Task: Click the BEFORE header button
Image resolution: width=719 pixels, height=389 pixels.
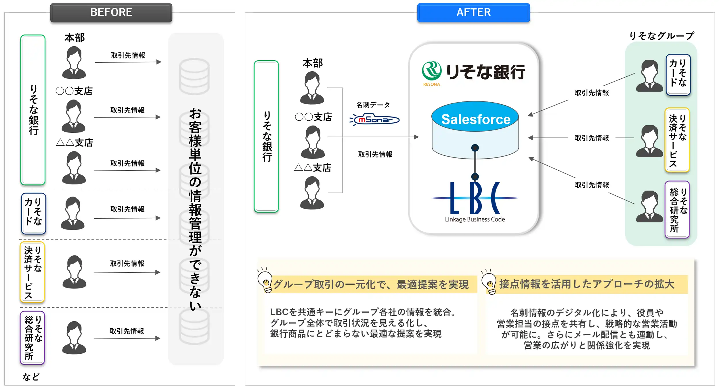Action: [111, 13]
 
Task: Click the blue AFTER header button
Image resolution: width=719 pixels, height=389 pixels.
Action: [473, 13]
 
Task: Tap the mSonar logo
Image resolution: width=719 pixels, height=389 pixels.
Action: [375, 120]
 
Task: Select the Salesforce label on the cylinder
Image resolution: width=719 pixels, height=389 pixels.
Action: [475, 119]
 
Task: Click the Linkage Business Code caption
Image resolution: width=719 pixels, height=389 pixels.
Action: [475, 219]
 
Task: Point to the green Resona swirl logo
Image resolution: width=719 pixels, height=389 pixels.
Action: [431, 71]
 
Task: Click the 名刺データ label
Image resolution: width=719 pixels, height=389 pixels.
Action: [373, 105]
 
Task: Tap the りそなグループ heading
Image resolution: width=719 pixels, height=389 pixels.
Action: [661, 36]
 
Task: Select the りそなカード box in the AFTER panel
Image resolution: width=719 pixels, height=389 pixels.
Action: [678, 75]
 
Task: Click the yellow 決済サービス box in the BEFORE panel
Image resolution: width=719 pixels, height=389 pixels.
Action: [32, 272]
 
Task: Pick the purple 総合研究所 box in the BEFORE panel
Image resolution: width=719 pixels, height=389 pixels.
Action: [32, 338]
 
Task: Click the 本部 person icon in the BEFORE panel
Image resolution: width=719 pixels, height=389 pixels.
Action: [74, 63]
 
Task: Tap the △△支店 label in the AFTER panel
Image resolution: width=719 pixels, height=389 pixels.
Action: [313, 168]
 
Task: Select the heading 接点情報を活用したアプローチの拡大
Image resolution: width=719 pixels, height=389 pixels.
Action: [587, 284]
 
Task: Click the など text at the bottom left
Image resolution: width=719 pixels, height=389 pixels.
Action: [31, 377]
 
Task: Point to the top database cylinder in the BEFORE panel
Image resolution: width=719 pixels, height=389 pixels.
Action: [194, 76]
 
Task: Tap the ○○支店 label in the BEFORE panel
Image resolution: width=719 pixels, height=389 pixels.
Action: [74, 91]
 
